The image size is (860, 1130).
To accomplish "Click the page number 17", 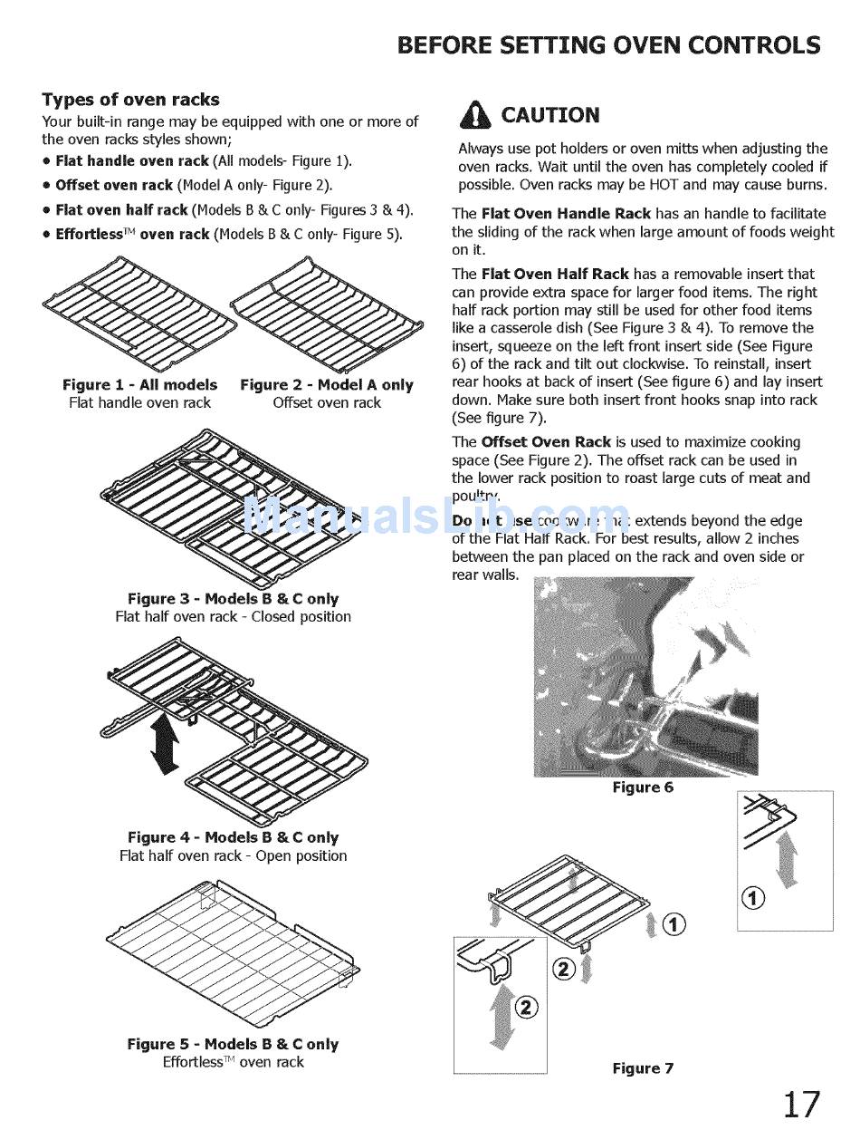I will coord(801,1104).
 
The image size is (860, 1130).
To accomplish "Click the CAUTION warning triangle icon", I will coord(475,115).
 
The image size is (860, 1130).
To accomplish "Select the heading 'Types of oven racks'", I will coord(130,100).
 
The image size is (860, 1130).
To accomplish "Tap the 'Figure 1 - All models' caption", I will coord(140,385).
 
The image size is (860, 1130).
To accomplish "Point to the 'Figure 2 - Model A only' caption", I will coord(327,385).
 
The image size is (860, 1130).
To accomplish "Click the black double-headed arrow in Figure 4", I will coord(165,744).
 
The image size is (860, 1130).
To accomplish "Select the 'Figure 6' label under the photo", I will coord(643,787).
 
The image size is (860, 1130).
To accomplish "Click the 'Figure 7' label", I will coord(643,1068).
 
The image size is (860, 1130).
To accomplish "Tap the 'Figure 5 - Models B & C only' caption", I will coord(233,1044).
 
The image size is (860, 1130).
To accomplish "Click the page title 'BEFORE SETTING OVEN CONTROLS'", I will coord(609,45).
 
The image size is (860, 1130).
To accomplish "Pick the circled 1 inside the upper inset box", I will coord(753,898).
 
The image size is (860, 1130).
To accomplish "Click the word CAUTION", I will coord(550,115).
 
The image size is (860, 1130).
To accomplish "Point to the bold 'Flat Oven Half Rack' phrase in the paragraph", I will coord(555,274).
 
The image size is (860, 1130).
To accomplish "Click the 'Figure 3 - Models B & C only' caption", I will coord(233,599).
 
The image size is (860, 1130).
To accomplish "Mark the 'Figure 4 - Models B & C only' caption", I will coord(233,838).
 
